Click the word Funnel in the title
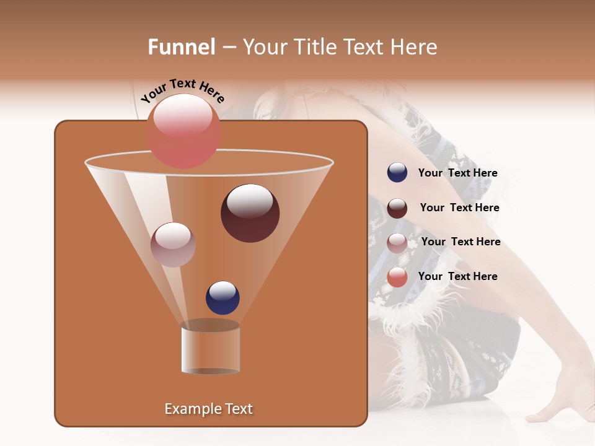(181, 47)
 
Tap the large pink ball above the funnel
(183, 131)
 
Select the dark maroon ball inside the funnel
(250, 212)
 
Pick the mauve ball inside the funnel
(173, 244)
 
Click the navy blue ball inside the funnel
(223, 297)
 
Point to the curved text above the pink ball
(182, 90)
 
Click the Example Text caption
(208, 409)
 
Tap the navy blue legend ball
(397, 173)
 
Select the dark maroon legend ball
(397, 208)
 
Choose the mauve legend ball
(397, 243)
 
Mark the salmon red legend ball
(397, 278)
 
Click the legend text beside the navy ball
(457, 173)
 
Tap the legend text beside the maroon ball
(459, 208)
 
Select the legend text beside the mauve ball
(461, 242)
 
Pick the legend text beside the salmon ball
(457, 276)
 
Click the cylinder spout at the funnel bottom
(210, 349)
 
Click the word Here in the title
(415, 47)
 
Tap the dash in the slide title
(228, 48)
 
